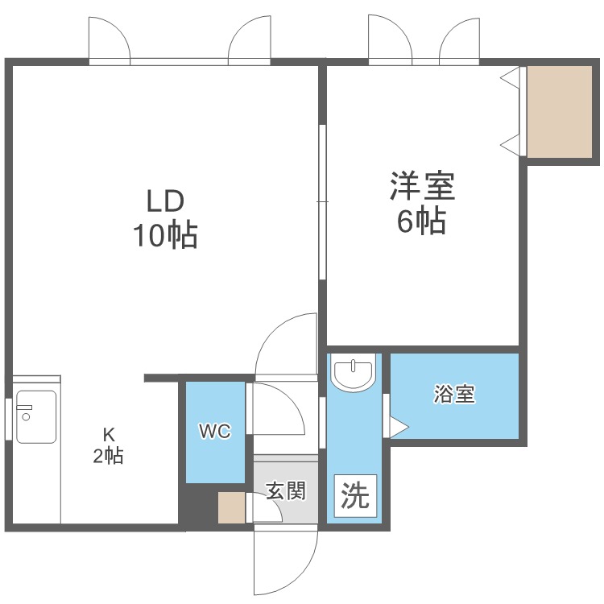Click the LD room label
point(165,201)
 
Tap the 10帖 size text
point(166,234)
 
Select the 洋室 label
point(423,186)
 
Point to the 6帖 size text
point(422,221)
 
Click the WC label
point(215,431)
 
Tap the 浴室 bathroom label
point(454,394)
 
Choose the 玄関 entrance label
point(286,490)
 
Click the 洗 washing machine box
point(355,496)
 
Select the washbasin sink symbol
point(354,373)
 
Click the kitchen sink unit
point(36,417)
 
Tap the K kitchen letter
point(109,435)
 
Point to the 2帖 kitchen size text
point(108,456)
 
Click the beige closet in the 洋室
point(560,112)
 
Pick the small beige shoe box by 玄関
point(231,507)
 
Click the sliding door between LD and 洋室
point(322,201)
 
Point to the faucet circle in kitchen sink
point(27,416)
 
